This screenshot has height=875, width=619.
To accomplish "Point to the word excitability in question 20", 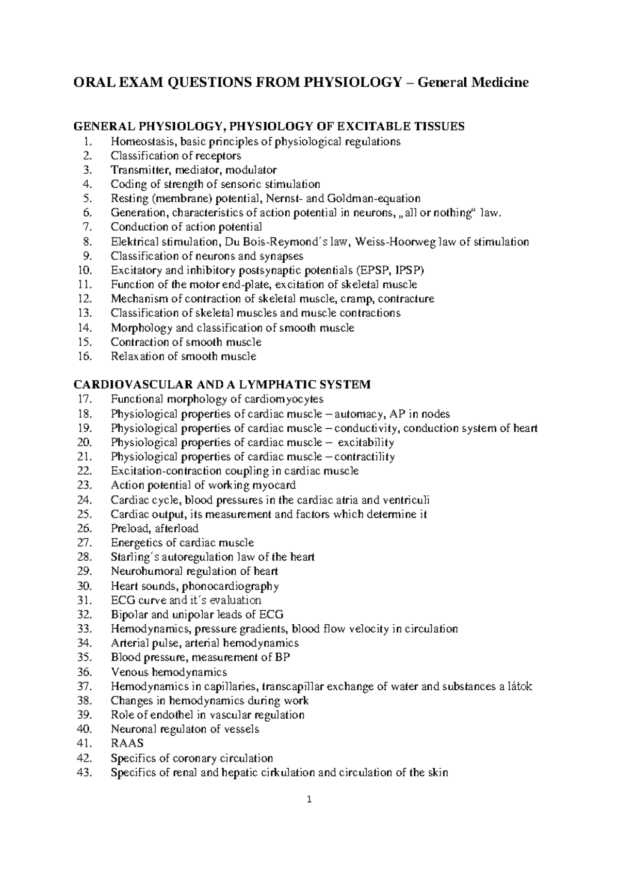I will tap(366, 442).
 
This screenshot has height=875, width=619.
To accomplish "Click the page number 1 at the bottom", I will tap(309, 815).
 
